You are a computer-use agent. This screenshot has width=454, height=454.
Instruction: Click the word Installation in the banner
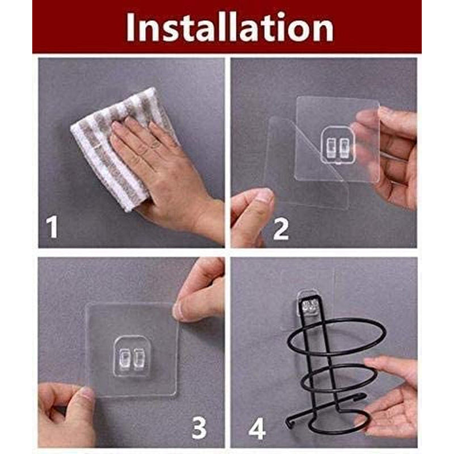tap(230, 27)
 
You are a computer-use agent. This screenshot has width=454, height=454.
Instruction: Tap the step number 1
tap(52, 228)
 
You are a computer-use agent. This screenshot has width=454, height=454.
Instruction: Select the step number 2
tap(280, 229)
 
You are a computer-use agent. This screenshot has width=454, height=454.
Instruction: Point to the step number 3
tap(199, 427)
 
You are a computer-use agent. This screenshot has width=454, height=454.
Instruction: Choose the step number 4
tap(257, 429)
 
